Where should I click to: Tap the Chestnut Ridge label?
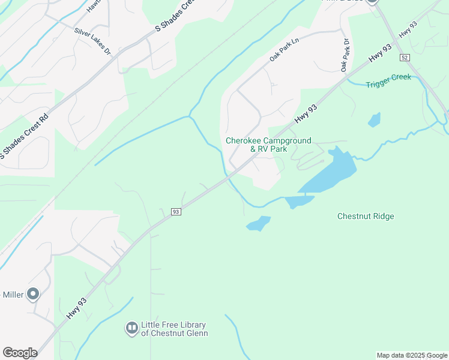(x=366, y=216)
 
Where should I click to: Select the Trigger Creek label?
(x=389, y=81)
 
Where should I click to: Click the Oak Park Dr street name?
(x=345, y=56)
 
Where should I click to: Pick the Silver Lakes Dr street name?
(x=92, y=41)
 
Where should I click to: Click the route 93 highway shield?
(x=176, y=212)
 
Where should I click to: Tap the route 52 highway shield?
(x=405, y=58)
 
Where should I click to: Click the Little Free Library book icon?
(x=131, y=328)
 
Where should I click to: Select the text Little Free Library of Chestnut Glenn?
(x=174, y=329)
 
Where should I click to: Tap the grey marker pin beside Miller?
(x=33, y=294)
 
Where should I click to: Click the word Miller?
(x=13, y=295)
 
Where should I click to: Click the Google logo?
(x=20, y=353)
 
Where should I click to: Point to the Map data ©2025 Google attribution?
(x=412, y=355)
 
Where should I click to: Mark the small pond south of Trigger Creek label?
(x=374, y=119)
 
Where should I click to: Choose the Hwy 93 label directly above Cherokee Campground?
(x=306, y=112)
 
